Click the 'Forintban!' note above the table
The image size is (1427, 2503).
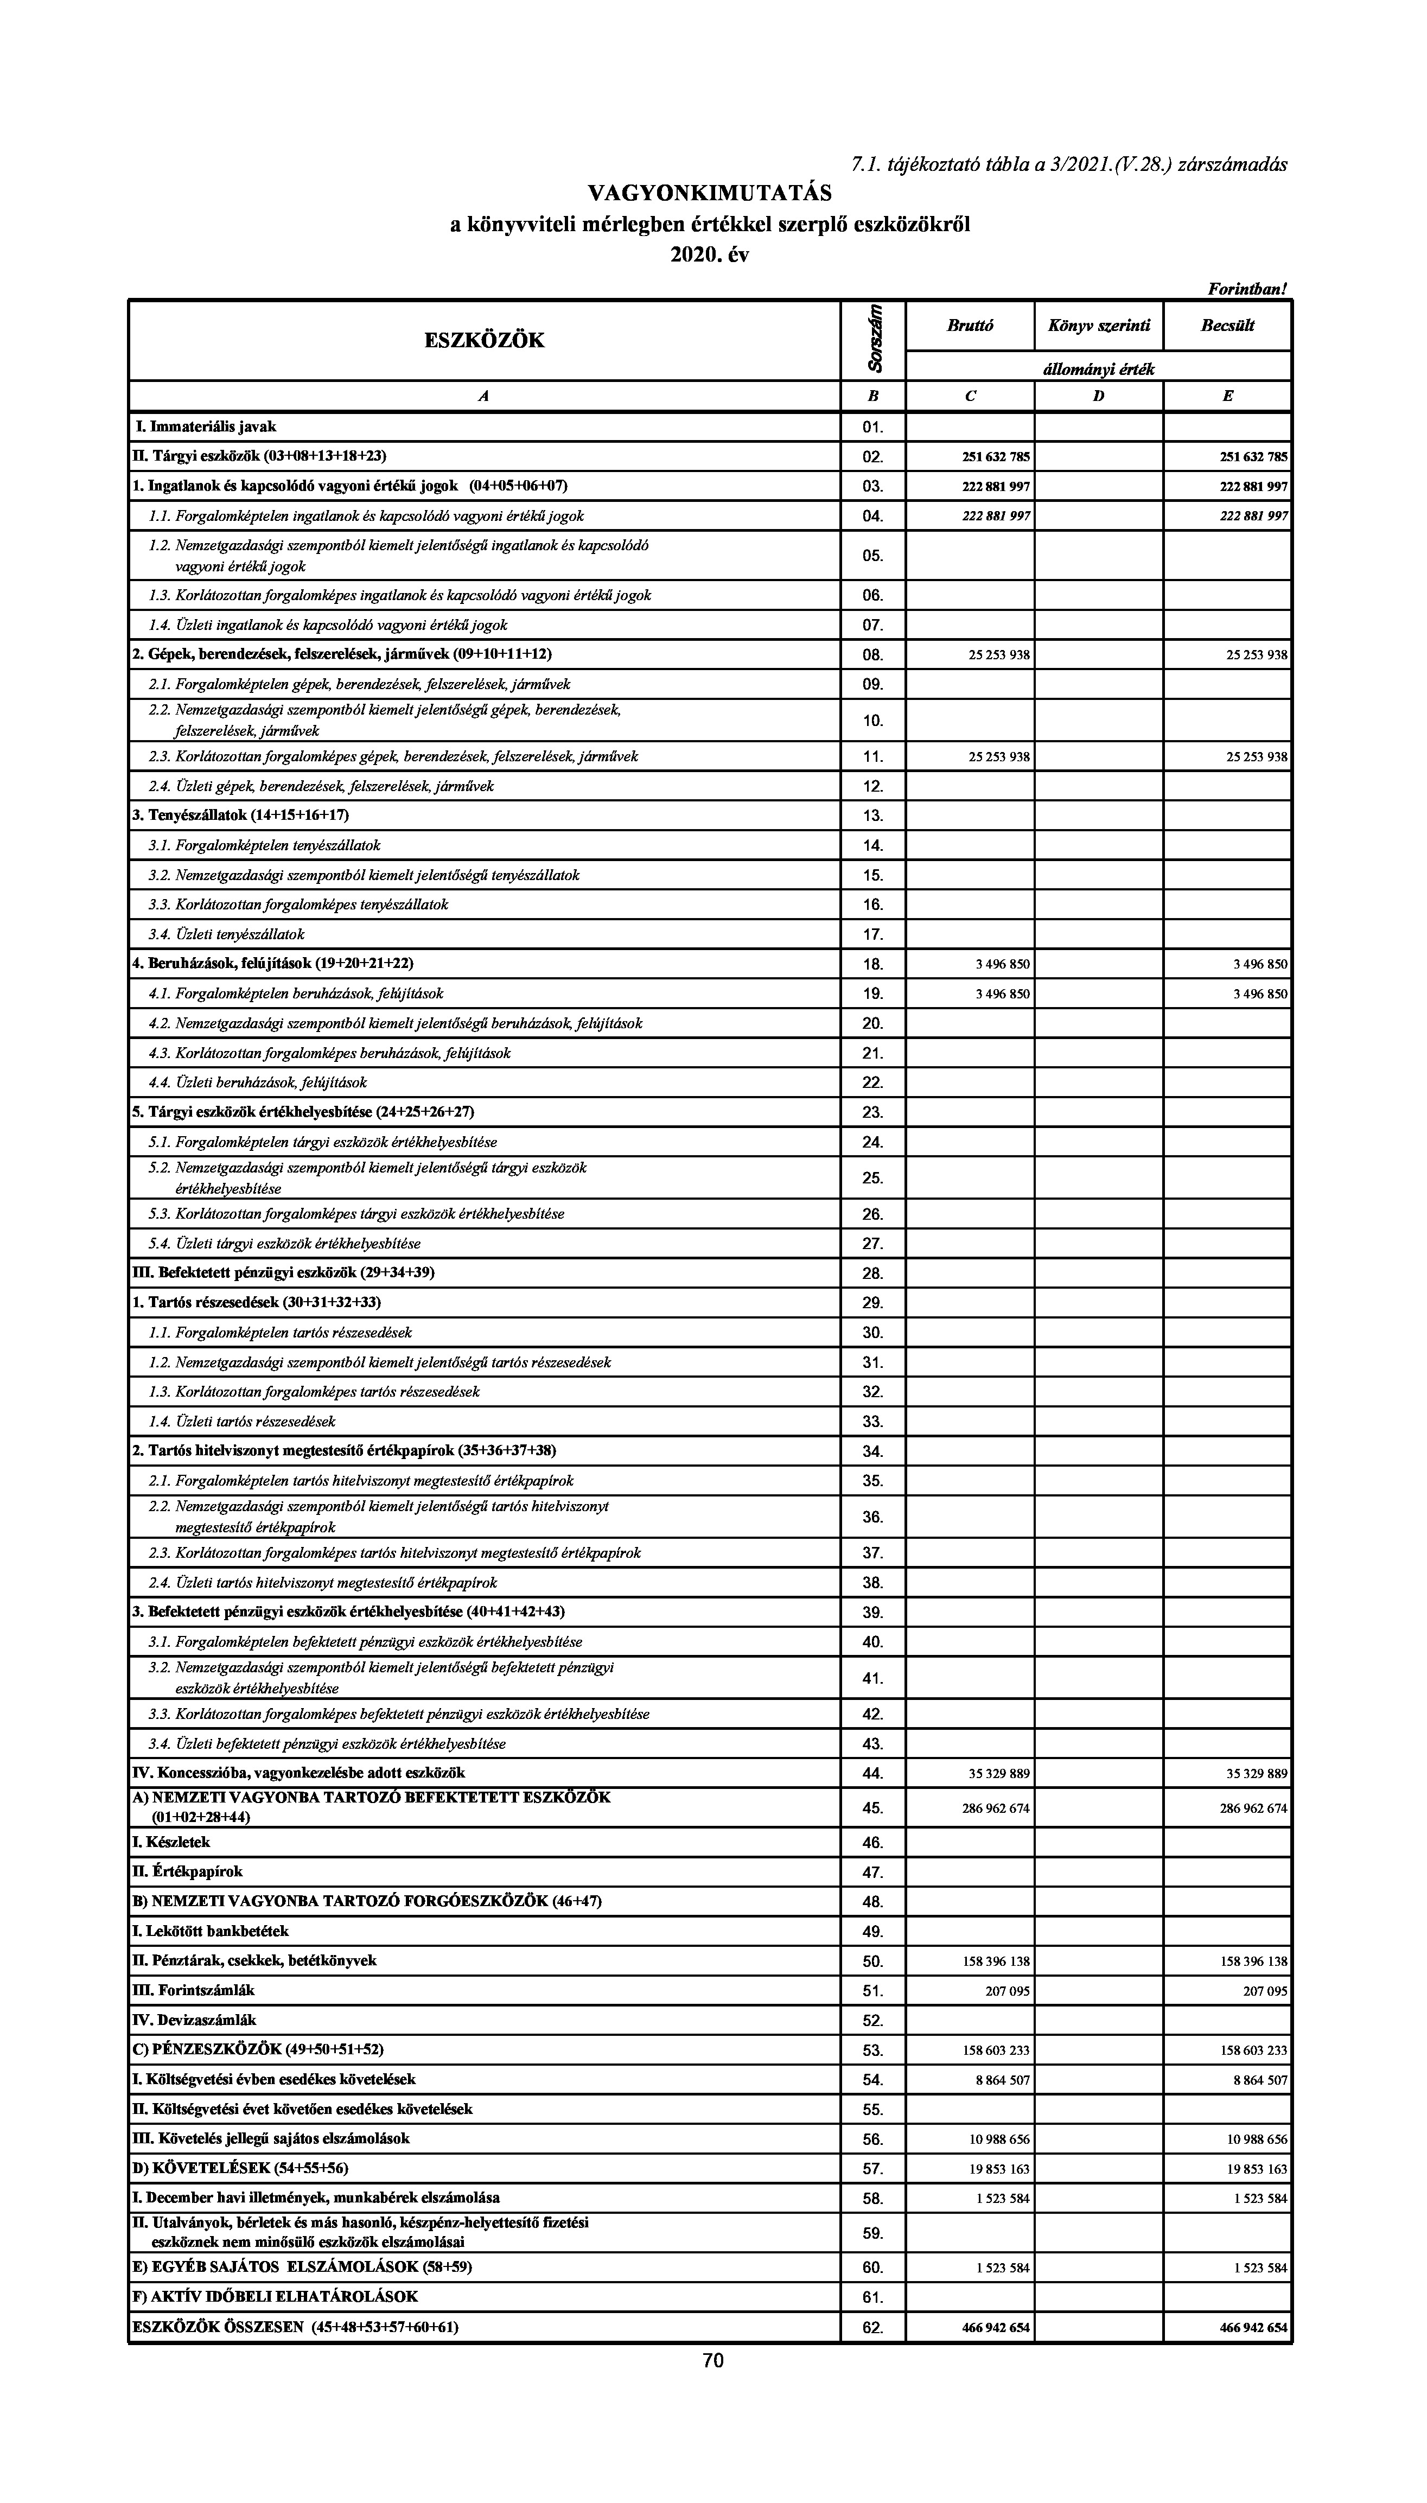pos(1247,289)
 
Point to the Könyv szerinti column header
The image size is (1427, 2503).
pos(1099,326)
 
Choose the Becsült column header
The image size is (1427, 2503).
pos(1227,326)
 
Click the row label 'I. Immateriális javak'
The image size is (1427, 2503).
pos(205,426)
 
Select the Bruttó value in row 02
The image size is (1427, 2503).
pos(996,457)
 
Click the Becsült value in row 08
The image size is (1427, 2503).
pos(1257,655)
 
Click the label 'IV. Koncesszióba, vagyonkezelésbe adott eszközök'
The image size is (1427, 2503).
pos(299,1772)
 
